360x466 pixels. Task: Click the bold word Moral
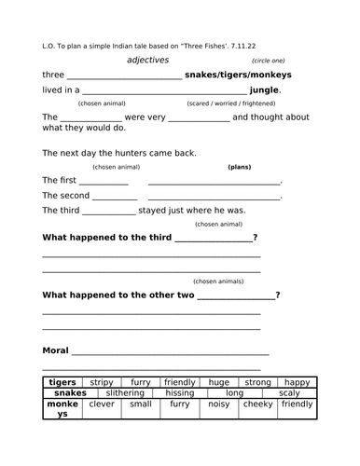coord(56,351)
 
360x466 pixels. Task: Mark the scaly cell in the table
coord(287,393)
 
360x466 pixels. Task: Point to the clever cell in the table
coord(101,404)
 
